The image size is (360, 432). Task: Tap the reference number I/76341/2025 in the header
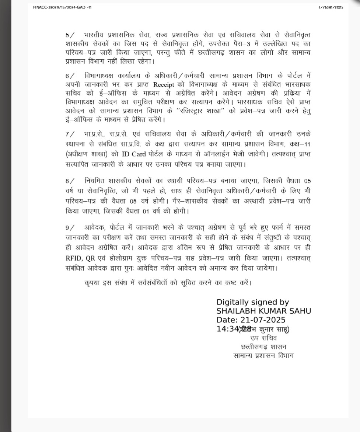point(331,7)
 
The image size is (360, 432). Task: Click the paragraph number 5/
point(69,35)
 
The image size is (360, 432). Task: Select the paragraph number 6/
point(69,76)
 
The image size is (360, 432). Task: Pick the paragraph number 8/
point(69,181)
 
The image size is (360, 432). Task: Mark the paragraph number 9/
point(69,228)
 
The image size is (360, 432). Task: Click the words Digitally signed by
point(252,302)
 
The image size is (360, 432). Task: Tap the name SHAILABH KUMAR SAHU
point(263,311)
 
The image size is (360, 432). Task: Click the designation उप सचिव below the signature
point(263,338)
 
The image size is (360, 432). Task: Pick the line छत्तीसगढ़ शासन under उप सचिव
point(263,347)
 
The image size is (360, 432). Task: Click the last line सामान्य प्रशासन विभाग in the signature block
point(263,356)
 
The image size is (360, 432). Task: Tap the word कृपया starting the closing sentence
point(92,283)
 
